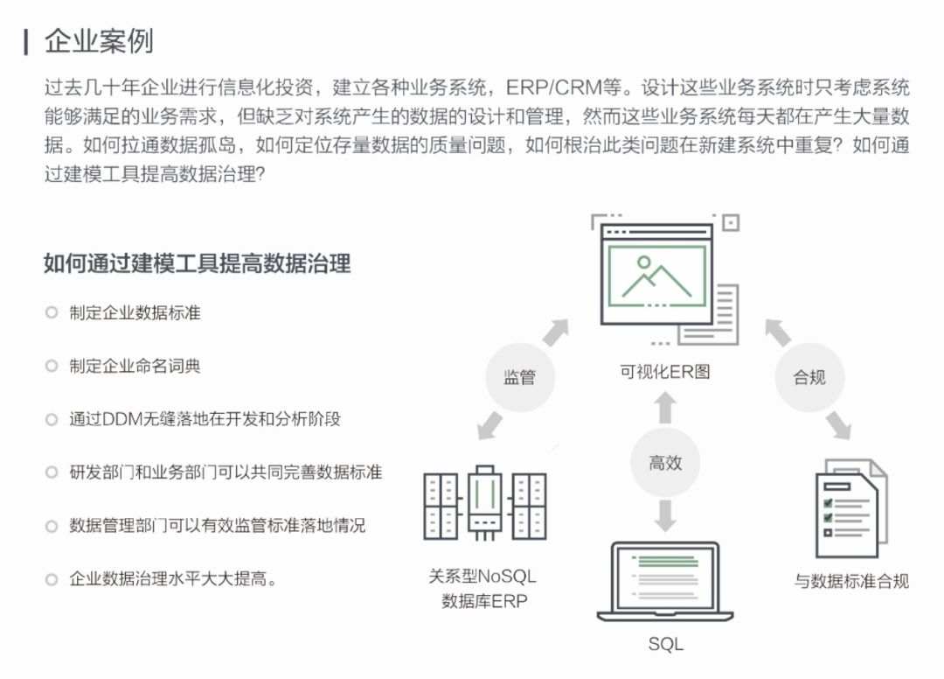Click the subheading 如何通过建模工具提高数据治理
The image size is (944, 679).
click(x=197, y=263)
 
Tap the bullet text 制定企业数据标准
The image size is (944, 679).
click(x=135, y=312)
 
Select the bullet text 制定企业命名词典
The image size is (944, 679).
click(x=135, y=366)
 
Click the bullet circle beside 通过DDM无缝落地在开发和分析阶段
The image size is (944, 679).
click(x=52, y=419)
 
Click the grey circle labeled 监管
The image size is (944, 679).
click(x=519, y=377)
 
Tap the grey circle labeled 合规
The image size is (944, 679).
click(x=809, y=377)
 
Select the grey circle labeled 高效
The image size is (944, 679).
click(x=665, y=463)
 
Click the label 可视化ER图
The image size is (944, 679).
click(x=665, y=371)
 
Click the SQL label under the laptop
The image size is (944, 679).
click(x=665, y=645)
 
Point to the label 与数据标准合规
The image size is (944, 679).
click(x=850, y=581)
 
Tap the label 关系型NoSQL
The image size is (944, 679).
click(x=482, y=577)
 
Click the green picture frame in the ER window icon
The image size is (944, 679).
click(x=657, y=276)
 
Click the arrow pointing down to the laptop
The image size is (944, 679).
click(x=665, y=514)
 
